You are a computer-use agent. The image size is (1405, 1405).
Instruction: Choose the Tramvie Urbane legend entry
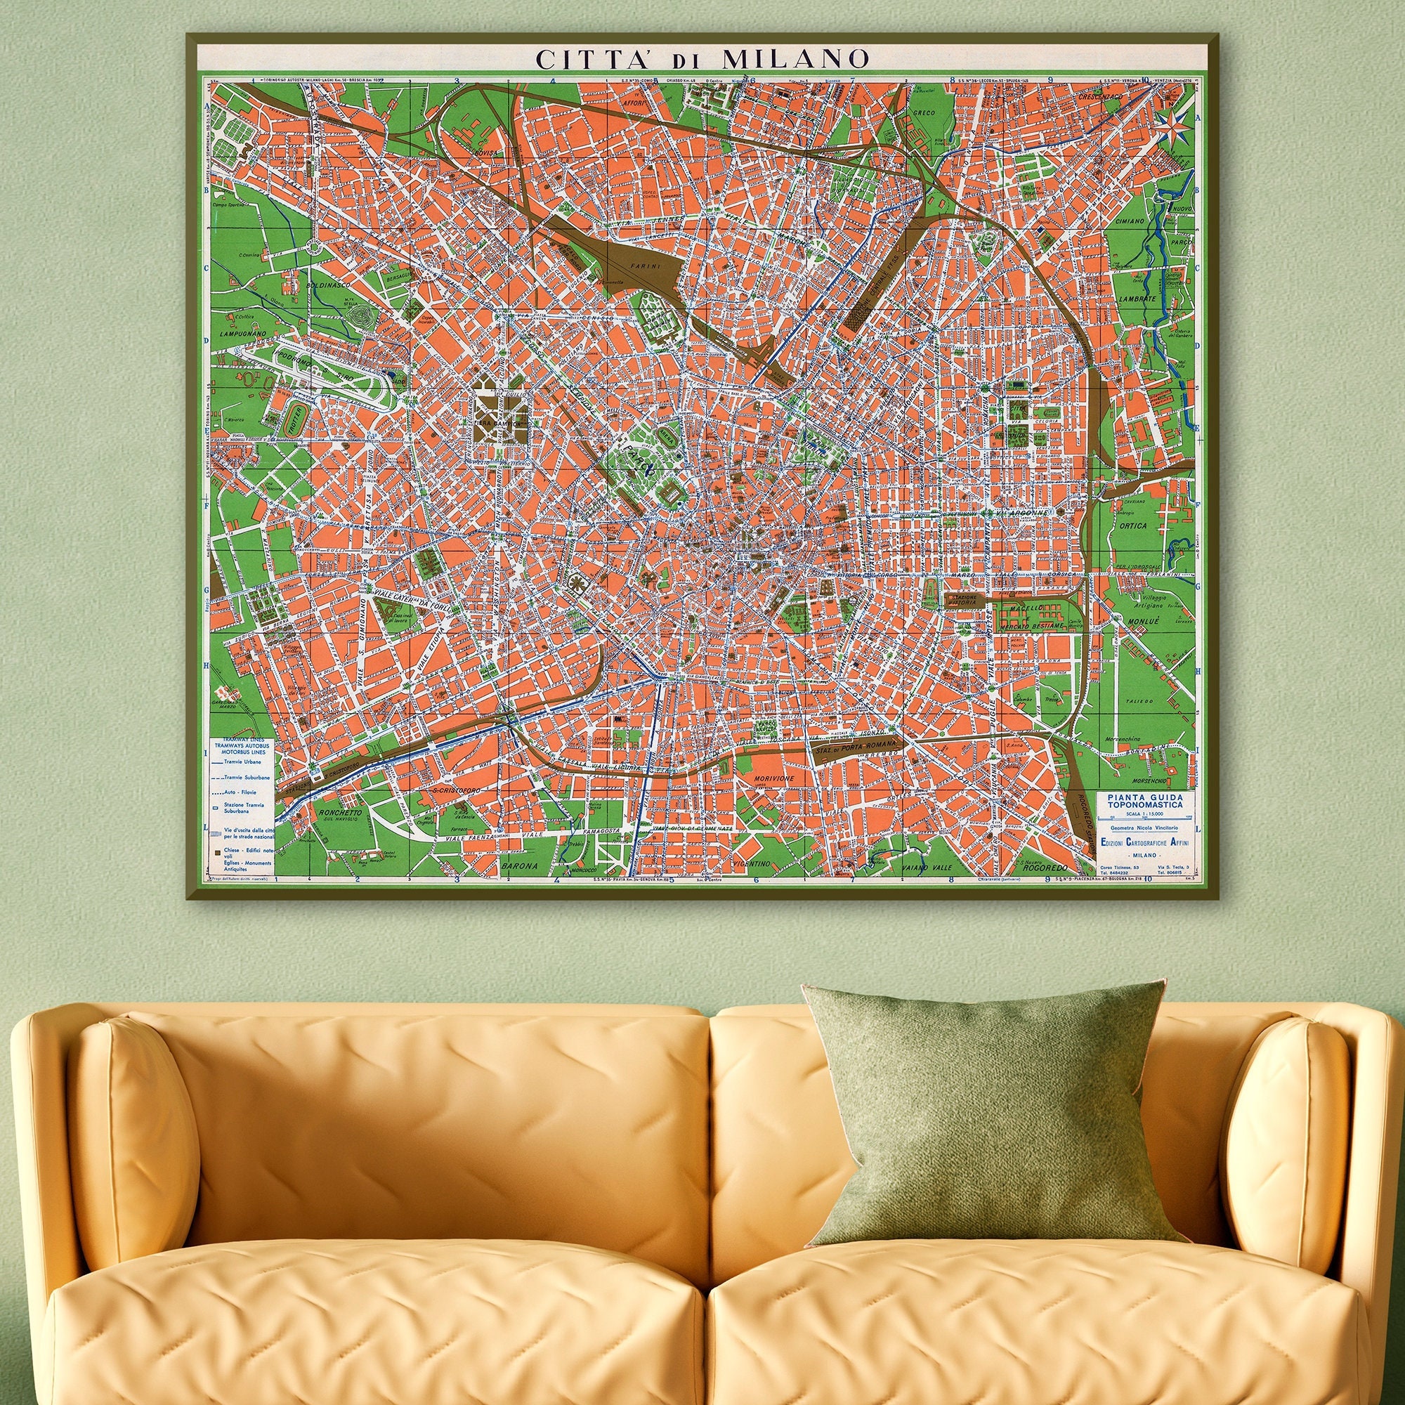243,762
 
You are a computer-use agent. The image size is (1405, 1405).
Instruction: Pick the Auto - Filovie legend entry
243,791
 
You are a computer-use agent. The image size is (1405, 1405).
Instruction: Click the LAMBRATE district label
1138,299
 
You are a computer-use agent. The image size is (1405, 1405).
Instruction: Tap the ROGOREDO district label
1045,868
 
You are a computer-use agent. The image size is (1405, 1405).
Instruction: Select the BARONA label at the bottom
519,866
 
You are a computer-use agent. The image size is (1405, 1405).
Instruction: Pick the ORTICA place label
1135,525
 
